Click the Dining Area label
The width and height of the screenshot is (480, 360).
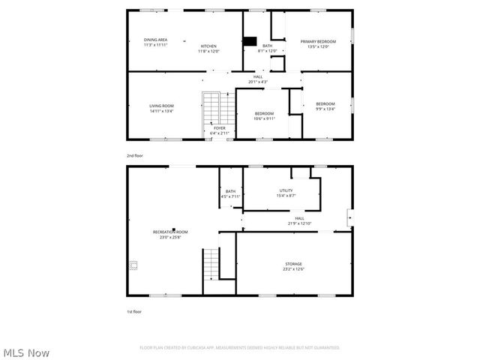[155, 40]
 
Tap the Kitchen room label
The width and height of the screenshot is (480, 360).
[208, 46]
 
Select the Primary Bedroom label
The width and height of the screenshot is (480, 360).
[318, 41]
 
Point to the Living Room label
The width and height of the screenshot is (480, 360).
[161, 106]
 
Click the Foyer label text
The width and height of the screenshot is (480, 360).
[219, 128]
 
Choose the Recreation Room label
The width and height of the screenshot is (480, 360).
[170, 232]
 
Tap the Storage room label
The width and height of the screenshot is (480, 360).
[293, 264]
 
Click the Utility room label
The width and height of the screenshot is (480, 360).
[286, 190]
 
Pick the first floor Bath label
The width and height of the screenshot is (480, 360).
[230, 191]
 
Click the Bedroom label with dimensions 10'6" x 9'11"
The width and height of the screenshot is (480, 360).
[264, 113]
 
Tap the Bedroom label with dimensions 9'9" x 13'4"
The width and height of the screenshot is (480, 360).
[325, 103]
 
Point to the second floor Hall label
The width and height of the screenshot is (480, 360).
[257, 76]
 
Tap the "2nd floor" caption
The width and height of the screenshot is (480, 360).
[135, 155]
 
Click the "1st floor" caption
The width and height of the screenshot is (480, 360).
[134, 311]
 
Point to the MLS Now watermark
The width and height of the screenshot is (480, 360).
[27, 352]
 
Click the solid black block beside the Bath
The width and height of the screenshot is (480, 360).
[250, 41]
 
